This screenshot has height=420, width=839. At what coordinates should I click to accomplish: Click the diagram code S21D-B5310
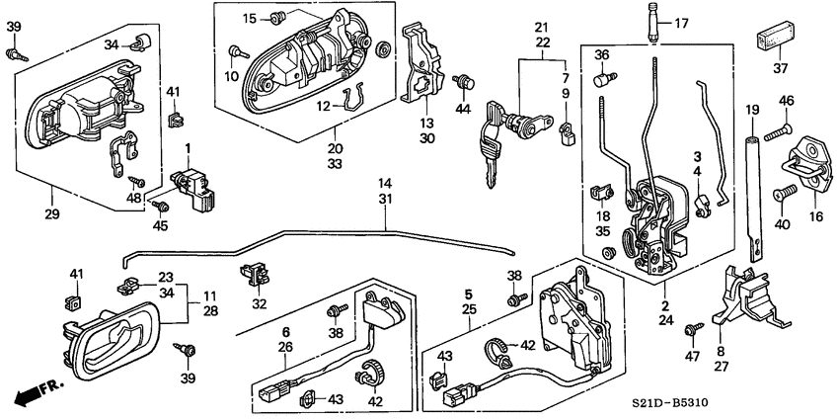(772, 404)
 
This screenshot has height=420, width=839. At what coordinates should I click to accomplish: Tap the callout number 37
(782, 68)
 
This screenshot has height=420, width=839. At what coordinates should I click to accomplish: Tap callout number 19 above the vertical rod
(752, 109)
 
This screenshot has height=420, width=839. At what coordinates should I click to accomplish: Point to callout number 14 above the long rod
(384, 184)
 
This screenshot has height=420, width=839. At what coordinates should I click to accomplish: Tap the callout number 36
(602, 54)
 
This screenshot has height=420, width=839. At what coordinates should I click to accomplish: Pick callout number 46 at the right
(787, 101)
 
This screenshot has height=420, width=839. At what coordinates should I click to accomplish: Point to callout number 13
(426, 123)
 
